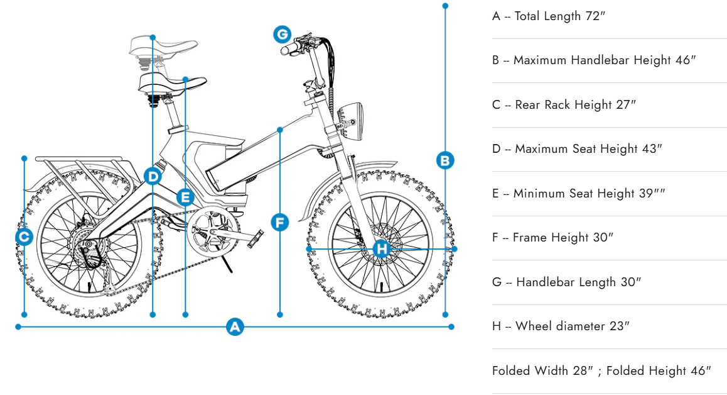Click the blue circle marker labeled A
235,326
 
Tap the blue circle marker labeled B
444,160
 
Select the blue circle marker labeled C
24,237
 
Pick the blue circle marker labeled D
153,177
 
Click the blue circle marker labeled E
185,197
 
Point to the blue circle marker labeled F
279,222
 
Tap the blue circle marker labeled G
282,33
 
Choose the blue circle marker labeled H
382,248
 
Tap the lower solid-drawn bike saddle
164,82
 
